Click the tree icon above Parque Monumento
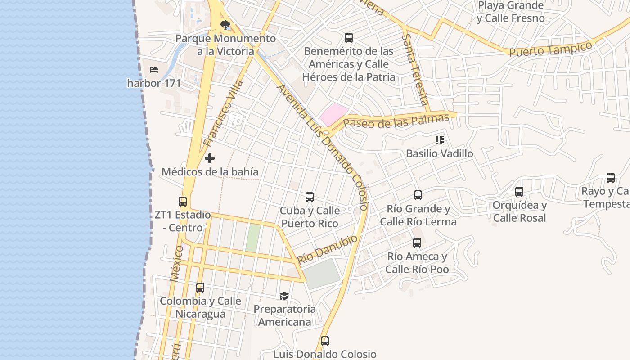[x=225, y=25]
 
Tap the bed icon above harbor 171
[x=154, y=70]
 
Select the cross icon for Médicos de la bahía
[x=210, y=158]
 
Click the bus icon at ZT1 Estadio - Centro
[x=183, y=202]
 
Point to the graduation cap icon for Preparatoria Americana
[x=284, y=296]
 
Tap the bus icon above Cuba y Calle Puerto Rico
[x=309, y=197]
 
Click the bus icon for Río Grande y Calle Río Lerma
[x=418, y=195]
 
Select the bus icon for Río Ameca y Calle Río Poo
[x=417, y=243]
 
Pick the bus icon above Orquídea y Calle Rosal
[x=519, y=192]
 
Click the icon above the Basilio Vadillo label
[x=440, y=140]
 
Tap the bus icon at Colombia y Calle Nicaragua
[x=200, y=287]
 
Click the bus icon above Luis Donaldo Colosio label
[x=325, y=341]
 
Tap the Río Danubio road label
[x=328, y=249]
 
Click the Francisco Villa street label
[x=223, y=113]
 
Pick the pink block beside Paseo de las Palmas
[x=333, y=114]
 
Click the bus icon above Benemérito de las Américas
[x=348, y=38]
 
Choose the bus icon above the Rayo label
[x=611, y=178]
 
